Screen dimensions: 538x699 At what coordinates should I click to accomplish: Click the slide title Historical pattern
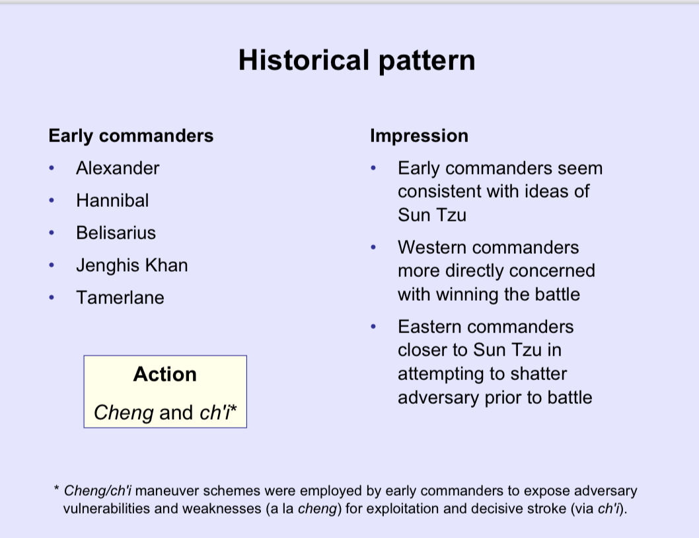coord(356,60)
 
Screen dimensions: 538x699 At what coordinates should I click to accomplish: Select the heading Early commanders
coord(131,136)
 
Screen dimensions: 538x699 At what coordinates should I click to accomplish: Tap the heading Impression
coord(419,136)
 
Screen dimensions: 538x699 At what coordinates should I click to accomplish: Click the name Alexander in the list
coord(118,168)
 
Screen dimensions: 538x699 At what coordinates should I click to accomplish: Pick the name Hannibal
coord(112,200)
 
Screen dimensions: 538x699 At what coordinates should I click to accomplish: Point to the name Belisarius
coord(116,233)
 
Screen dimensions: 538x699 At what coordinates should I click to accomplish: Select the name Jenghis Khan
coord(131,265)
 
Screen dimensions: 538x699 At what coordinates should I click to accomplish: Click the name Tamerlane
coord(120,297)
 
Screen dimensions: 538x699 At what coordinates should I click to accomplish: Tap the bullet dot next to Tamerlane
coord(52,297)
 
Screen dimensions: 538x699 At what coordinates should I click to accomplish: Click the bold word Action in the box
coord(165,374)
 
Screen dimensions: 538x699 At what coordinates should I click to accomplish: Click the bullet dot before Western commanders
coord(373,248)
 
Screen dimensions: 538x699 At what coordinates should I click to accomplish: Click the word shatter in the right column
coord(536,374)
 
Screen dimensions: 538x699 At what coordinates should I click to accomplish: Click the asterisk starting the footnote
coord(57,490)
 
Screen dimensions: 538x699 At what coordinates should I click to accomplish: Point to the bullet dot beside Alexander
coord(52,168)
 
